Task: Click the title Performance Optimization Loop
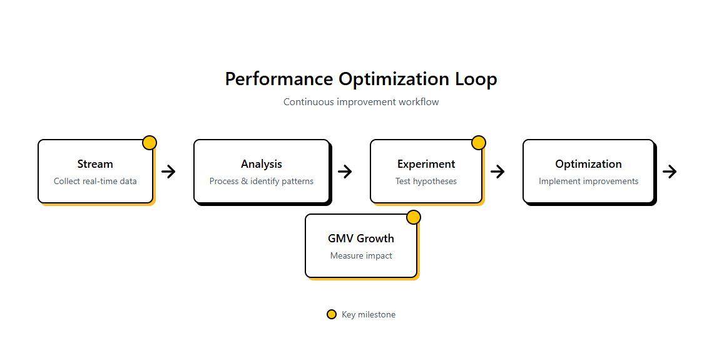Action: (x=360, y=80)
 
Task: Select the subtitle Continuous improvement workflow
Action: (x=360, y=102)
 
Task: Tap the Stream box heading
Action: (x=95, y=164)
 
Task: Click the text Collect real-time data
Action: (x=95, y=182)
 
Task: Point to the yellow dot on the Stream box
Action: (x=149, y=143)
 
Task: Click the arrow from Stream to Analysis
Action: (x=168, y=172)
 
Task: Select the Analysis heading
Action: (x=261, y=164)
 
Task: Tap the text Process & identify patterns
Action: (x=261, y=182)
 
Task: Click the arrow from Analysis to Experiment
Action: (x=345, y=172)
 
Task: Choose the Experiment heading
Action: (x=426, y=164)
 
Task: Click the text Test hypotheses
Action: (x=426, y=182)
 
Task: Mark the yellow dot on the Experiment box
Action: (x=478, y=143)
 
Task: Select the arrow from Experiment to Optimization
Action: (x=497, y=172)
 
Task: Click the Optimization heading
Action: (x=588, y=164)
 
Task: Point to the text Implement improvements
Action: (x=588, y=182)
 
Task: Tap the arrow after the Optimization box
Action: (x=670, y=172)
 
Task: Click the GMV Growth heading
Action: (x=361, y=239)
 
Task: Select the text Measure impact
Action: (x=361, y=256)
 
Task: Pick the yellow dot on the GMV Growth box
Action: (x=414, y=217)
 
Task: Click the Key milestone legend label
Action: (x=368, y=315)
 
